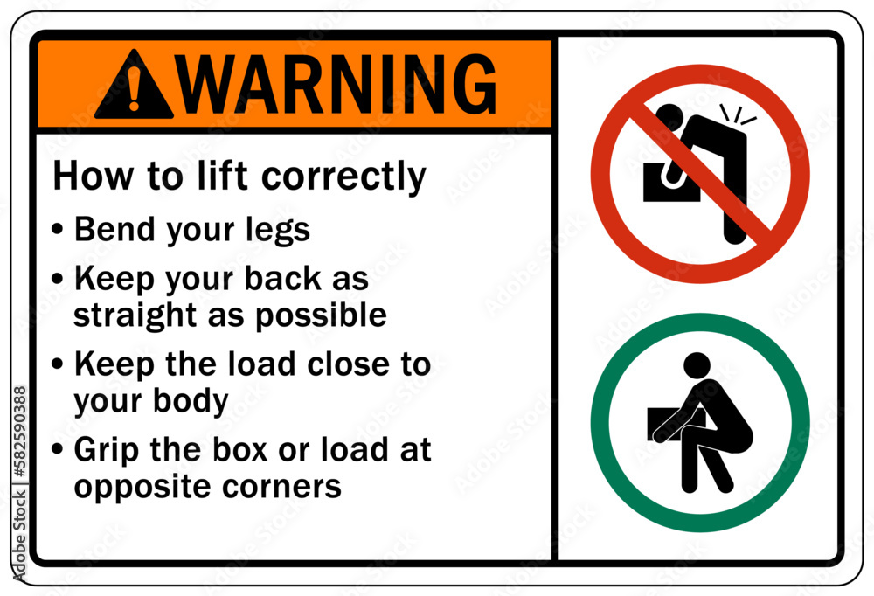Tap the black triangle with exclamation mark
click(x=133, y=87)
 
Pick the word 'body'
click(x=197, y=400)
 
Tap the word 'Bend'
click(x=110, y=229)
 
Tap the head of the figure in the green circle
click(x=697, y=365)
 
